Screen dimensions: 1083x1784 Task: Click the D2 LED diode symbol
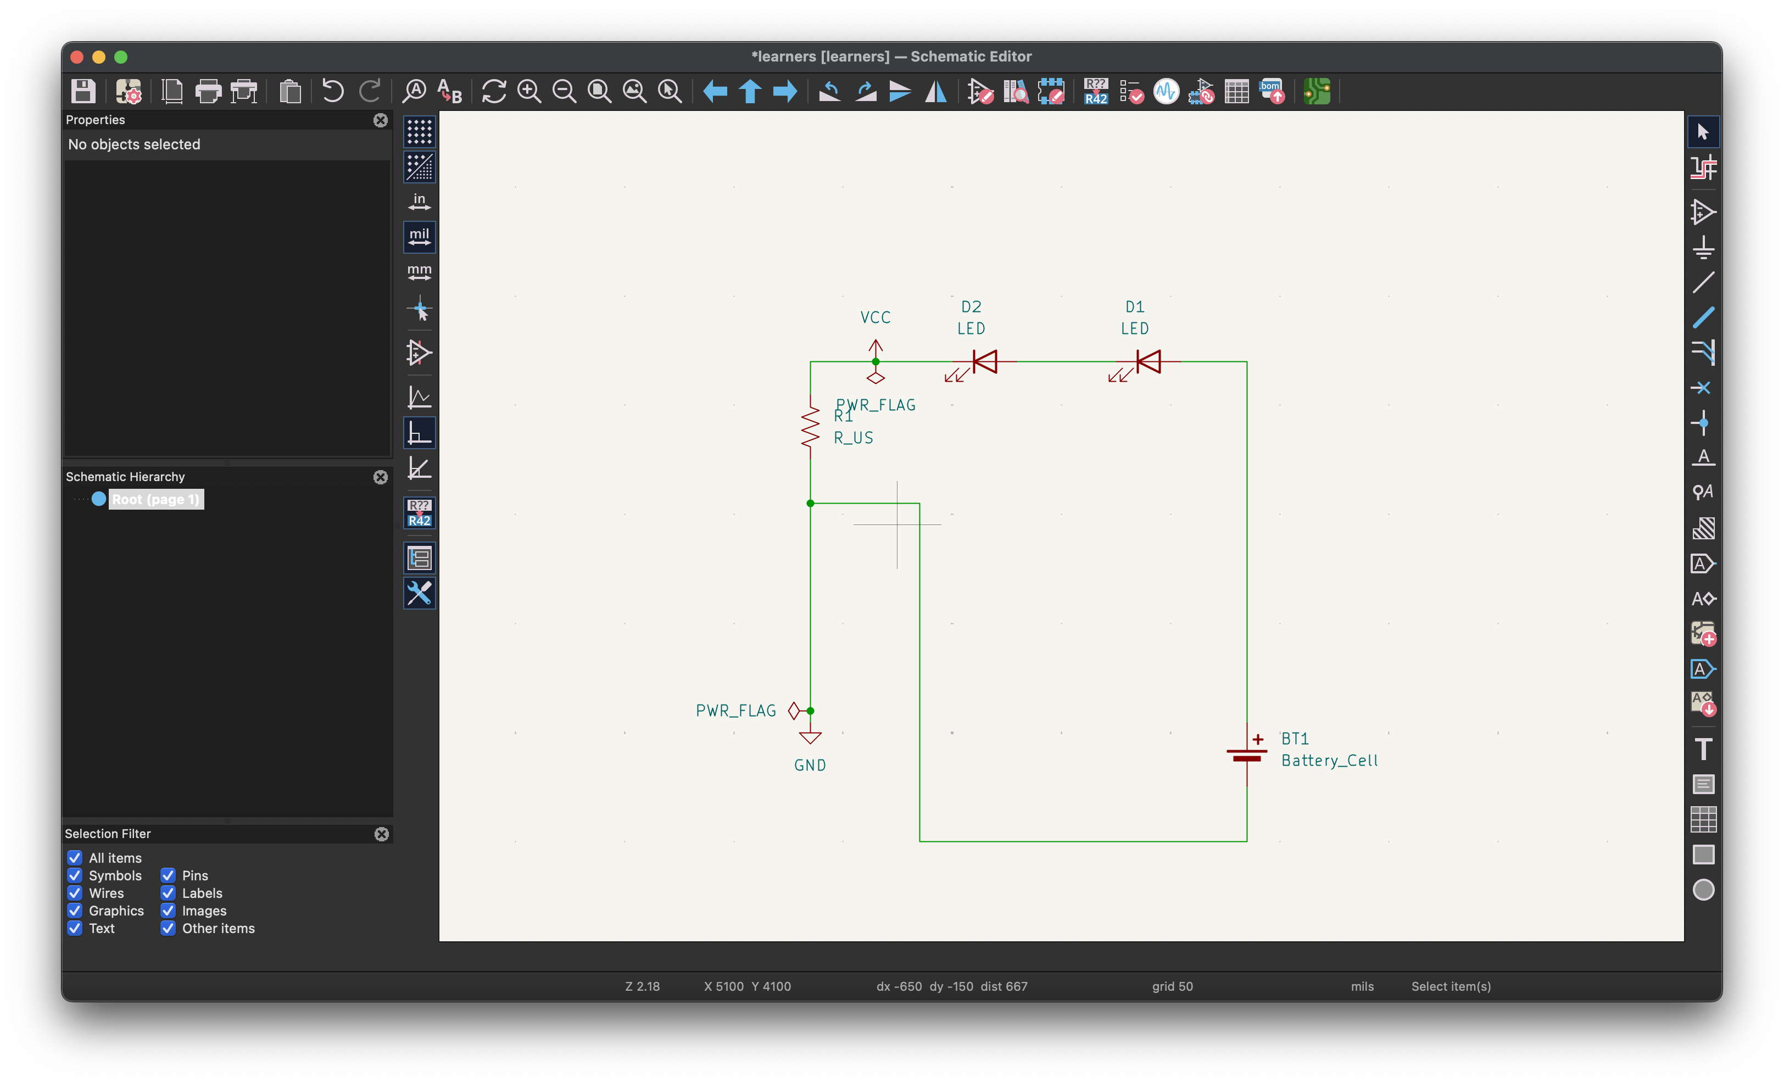[x=985, y=361]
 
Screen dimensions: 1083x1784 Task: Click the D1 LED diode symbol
[x=1149, y=361]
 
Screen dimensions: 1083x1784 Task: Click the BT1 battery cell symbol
[x=1247, y=755]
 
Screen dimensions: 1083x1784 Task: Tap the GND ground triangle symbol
[x=810, y=738]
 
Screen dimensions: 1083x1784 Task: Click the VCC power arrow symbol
[x=876, y=348]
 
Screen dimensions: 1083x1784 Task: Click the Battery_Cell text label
[x=1329, y=761]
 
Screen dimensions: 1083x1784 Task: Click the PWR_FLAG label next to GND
[x=735, y=711]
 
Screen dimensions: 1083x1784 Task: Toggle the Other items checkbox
[x=168, y=928]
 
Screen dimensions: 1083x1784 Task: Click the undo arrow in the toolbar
[x=332, y=91]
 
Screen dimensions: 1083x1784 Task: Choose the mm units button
[x=419, y=271]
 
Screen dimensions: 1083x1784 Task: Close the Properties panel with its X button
[x=380, y=120]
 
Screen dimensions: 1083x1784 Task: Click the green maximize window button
[x=121, y=57]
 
